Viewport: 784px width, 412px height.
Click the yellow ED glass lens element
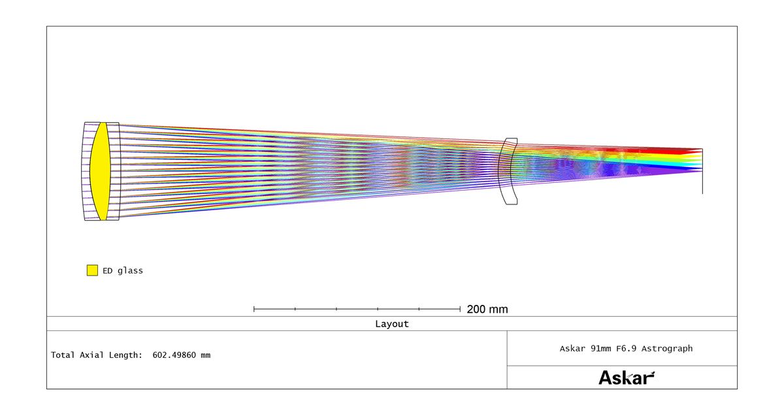[101, 171]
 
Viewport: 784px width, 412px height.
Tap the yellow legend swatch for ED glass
[92, 270]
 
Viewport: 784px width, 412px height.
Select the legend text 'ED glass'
[123, 271]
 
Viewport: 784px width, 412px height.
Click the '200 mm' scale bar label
[487, 309]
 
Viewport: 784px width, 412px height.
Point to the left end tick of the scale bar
[254, 309]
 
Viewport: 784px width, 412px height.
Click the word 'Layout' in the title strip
[391, 324]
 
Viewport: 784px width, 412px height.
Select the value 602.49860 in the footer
[174, 355]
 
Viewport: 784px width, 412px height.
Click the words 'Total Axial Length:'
[97, 355]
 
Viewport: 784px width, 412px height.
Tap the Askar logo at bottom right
[627, 377]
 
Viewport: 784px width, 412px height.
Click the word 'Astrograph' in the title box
[667, 349]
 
